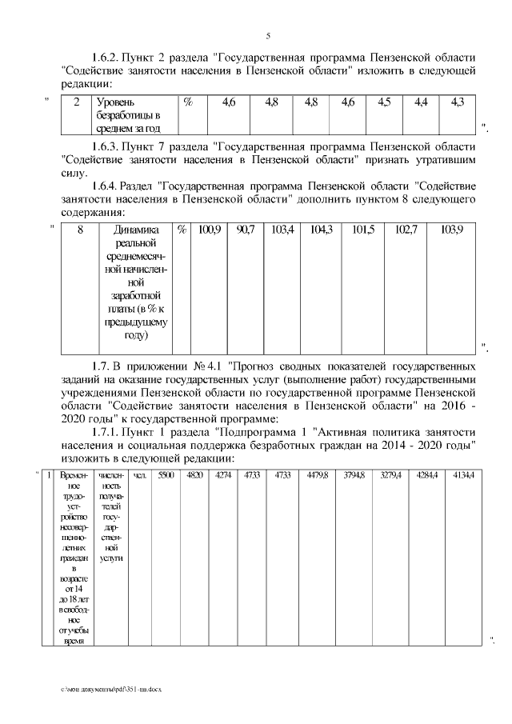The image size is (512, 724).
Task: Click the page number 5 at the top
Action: pos(268,36)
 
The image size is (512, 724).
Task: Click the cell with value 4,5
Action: pos(384,102)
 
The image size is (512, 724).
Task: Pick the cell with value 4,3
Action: pos(458,102)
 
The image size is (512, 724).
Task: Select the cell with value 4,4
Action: pos(421,102)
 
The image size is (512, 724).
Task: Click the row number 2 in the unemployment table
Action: pos(76,102)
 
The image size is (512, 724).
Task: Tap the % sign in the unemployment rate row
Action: pos(189,102)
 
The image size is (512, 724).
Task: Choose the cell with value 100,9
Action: pos(209,230)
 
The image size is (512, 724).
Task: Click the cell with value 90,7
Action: pos(246,230)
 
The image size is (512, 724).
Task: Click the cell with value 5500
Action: pos(166,475)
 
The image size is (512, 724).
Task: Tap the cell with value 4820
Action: pos(194,475)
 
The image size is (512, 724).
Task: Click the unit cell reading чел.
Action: pos(138,475)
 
